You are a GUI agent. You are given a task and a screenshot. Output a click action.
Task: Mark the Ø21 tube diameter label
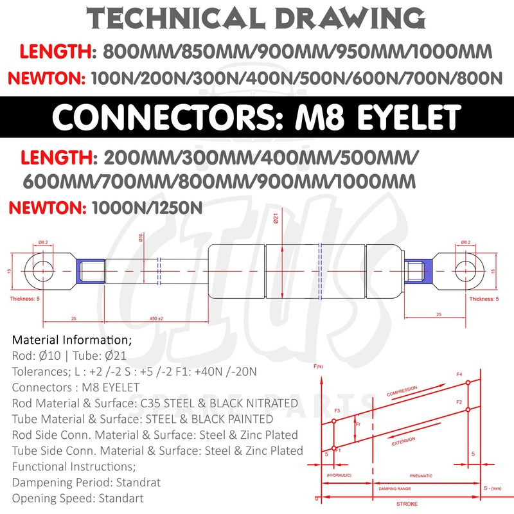click(275, 220)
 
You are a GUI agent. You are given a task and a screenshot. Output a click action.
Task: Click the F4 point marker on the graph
click(468, 383)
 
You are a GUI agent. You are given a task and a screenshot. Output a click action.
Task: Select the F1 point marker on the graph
click(333, 448)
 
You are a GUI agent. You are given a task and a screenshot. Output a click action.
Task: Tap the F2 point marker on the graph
click(468, 409)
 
